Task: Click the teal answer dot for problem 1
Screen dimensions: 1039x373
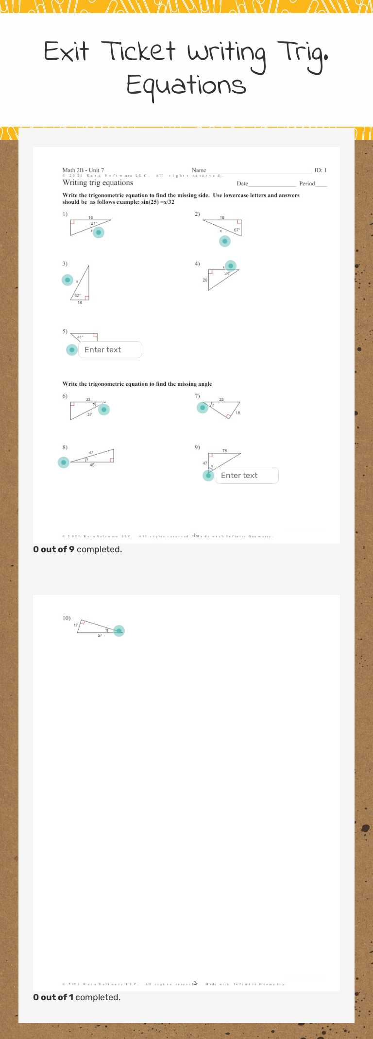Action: tap(99, 232)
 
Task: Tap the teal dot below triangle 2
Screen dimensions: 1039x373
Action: tap(224, 241)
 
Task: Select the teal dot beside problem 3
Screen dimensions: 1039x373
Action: tap(68, 280)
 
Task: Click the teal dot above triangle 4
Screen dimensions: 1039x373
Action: tap(231, 266)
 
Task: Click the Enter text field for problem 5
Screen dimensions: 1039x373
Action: tap(110, 350)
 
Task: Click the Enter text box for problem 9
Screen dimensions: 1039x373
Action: tap(247, 476)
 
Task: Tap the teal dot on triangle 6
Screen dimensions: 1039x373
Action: tap(104, 410)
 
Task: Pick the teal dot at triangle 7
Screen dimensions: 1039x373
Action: tap(203, 408)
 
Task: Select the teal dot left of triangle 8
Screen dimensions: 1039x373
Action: tap(64, 462)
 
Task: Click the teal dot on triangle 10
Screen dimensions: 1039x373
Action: tap(119, 631)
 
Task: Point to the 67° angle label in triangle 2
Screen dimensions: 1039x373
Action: tap(237, 230)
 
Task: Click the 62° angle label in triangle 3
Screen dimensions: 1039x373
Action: tap(77, 296)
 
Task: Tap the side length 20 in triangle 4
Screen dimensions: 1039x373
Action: tap(205, 280)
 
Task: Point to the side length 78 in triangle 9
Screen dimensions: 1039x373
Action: tap(224, 451)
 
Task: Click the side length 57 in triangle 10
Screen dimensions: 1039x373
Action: tap(100, 635)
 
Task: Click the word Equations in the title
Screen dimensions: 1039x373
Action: tap(186, 85)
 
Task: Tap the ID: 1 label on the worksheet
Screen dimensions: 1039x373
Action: tap(321, 170)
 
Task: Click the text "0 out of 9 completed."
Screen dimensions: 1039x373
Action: tap(78, 549)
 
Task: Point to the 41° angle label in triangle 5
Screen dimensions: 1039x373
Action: tap(80, 337)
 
